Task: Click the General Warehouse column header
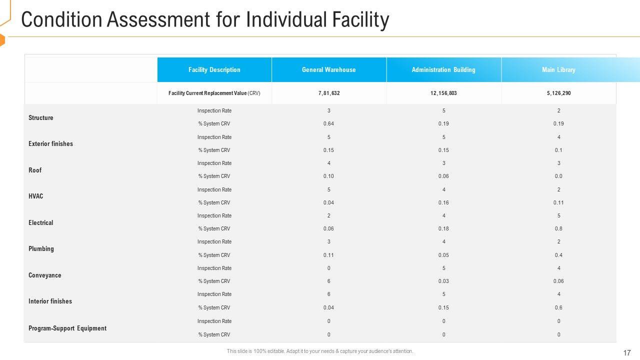[328, 70]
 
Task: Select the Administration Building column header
[443, 70]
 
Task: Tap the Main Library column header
[558, 70]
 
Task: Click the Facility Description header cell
[214, 70]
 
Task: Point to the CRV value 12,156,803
[443, 93]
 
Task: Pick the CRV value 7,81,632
[328, 93]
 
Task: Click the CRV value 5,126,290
[558, 93]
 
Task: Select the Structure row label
[41, 118]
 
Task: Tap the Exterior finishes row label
[50, 144]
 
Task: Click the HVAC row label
[36, 196]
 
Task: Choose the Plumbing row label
[41, 249]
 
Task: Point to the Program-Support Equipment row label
[67, 328]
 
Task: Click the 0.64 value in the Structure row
[328, 124]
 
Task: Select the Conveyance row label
[45, 275]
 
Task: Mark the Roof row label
[35, 170]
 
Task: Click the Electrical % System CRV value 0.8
[558, 229]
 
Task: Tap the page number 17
[627, 353]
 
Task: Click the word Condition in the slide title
[56, 20]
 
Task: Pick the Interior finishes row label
[50, 301]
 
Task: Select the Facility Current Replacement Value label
[214, 93]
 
